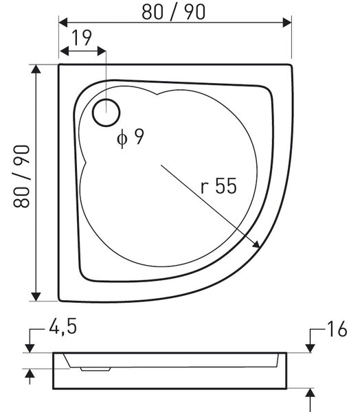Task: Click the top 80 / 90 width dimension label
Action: [174, 12]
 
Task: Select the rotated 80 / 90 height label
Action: [21, 176]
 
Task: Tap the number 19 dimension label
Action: [82, 38]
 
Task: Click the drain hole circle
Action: [106, 113]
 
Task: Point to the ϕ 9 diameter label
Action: [131, 137]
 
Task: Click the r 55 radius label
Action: [218, 186]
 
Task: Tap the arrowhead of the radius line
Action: [256, 244]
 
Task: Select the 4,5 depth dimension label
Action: [63, 327]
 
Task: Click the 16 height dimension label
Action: [337, 329]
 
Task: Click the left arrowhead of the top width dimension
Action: [63, 23]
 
